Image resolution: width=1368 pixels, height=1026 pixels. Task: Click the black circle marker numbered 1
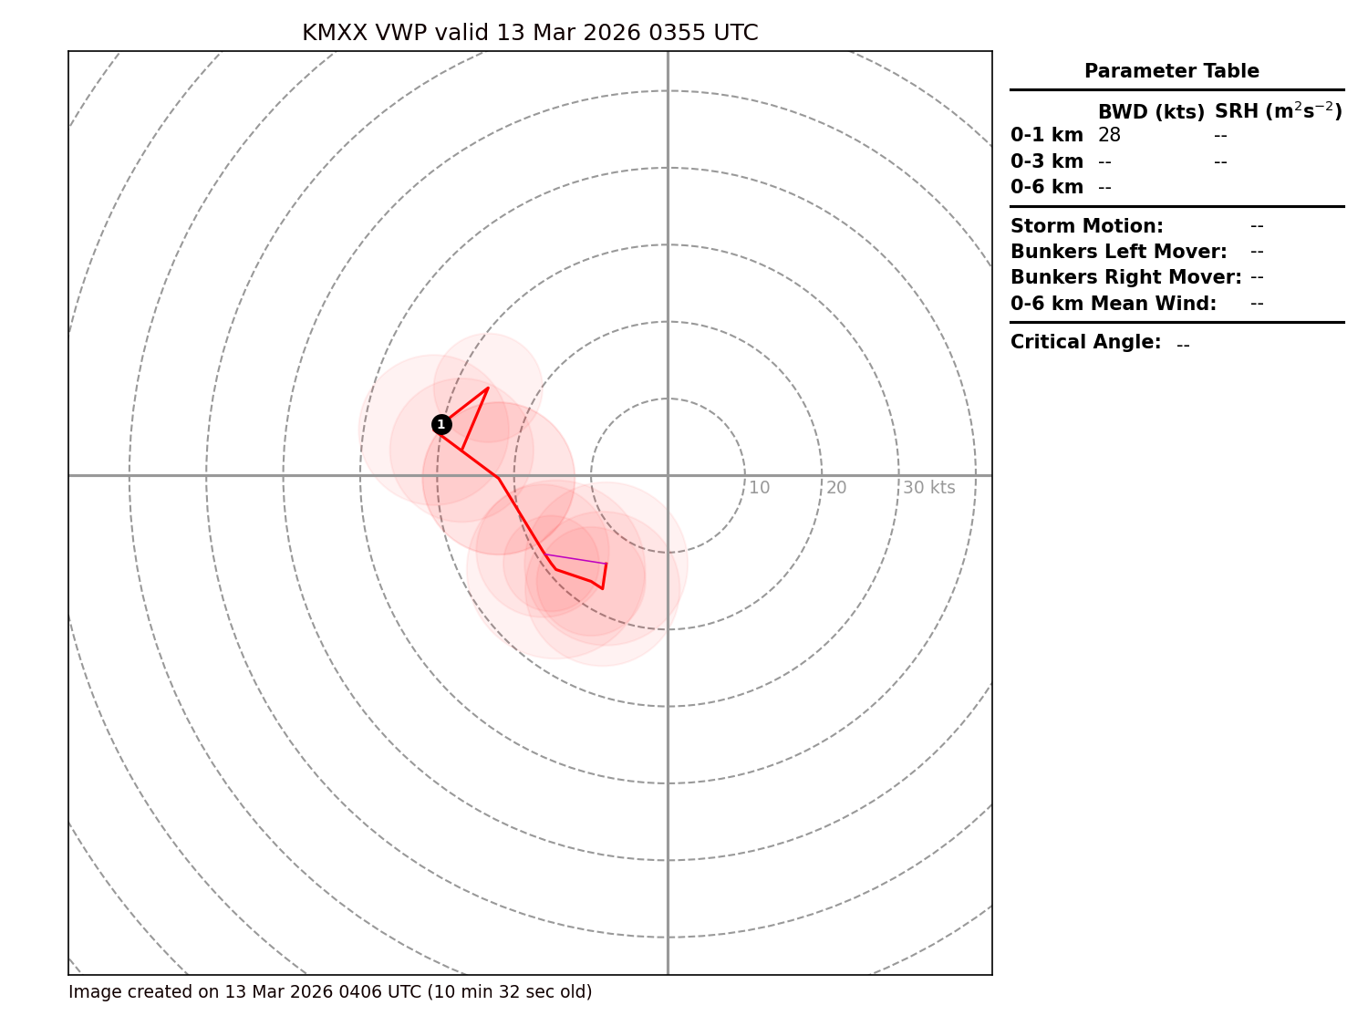tap(441, 424)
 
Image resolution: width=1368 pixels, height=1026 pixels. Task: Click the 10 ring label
tap(759, 488)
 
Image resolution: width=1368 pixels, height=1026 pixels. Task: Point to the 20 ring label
tap(836, 488)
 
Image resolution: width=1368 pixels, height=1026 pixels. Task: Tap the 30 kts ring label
tap(928, 488)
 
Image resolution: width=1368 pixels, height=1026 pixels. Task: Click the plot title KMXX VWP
tap(530, 34)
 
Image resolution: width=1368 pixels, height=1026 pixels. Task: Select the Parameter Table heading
tap(1171, 71)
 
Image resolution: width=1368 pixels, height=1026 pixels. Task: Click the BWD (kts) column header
tap(1151, 112)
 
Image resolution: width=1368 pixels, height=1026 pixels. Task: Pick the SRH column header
tap(1278, 111)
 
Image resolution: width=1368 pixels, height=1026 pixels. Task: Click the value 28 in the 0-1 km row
tap(1109, 136)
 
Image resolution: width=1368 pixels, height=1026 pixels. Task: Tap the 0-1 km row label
tap(1046, 136)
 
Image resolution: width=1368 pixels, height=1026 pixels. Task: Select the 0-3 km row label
tap(1046, 162)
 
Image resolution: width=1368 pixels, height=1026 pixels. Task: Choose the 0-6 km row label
tap(1046, 188)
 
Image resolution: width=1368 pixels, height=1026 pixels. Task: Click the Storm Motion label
tap(1086, 226)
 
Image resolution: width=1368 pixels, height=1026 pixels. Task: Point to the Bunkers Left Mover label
tap(1118, 252)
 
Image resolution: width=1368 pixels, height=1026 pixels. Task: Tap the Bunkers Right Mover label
tap(1125, 277)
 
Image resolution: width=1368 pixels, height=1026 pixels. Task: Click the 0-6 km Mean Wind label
tap(1113, 304)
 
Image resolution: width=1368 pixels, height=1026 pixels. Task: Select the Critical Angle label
tap(1085, 343)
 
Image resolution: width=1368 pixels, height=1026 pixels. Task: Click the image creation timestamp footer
tap(330, 992)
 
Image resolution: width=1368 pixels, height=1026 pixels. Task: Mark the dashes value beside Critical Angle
tap(1183, 345)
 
